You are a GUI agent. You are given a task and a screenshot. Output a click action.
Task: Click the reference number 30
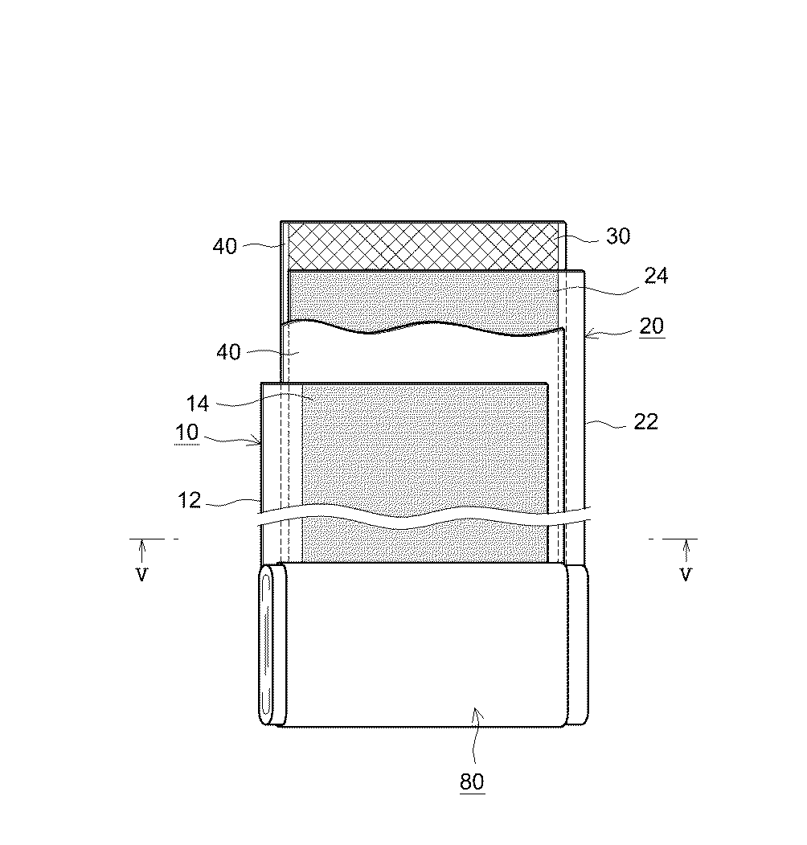click(618, 236)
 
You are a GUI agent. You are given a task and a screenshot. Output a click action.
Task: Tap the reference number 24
click(656, 276)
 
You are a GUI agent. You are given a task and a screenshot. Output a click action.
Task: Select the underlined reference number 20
click(652, 326)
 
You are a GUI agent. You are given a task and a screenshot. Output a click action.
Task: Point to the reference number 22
click(645, 421)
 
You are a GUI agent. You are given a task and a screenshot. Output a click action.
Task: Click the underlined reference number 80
click(472, 781)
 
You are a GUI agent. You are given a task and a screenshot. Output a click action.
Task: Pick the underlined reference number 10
click(187, 433)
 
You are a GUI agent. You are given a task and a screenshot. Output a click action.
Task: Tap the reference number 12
click(189, 501)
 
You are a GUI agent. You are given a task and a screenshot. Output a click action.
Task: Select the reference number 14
click(197, 404)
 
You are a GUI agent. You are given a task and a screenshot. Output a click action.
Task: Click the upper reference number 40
click(224, 246)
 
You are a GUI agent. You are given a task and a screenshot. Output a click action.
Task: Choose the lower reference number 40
click(228, 352)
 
